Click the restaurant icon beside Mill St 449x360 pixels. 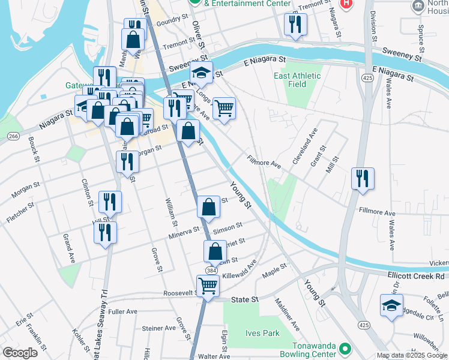[x=363, y=179]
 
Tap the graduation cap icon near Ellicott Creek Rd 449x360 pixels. [x=391, y=305]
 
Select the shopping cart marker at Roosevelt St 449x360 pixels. [x=207, y=286]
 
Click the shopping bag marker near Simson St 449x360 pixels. [x=208, y=207]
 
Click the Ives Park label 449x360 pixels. [x=262, y=333]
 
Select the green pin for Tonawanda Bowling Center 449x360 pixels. [x=345, y=348]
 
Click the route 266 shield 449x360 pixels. [x=13, y=137]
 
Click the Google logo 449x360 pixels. [x=19, y=353]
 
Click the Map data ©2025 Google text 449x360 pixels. [x=412, y=355]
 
